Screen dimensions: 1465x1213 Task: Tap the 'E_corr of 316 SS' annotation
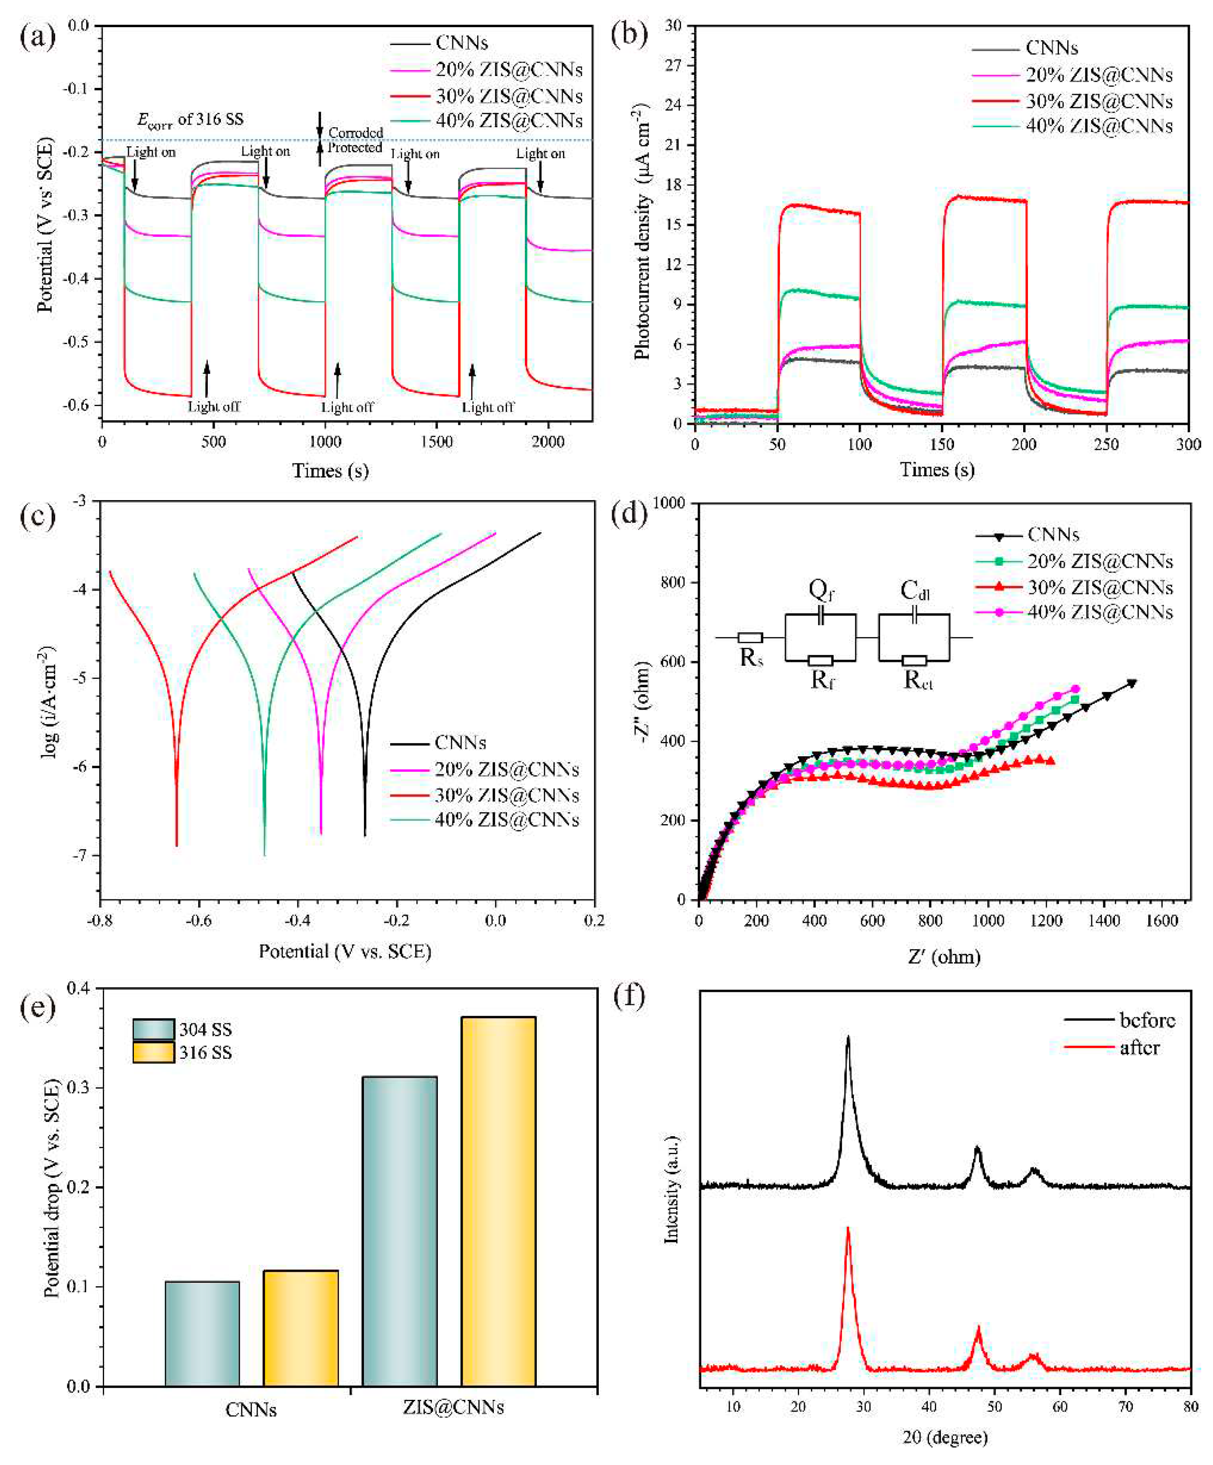[x=190, y=119]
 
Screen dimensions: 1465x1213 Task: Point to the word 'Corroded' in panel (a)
[x=356, y=132]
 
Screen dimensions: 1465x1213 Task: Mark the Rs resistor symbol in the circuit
[x=750, y=637]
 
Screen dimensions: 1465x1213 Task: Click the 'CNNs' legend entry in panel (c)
[x=460, y=743]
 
